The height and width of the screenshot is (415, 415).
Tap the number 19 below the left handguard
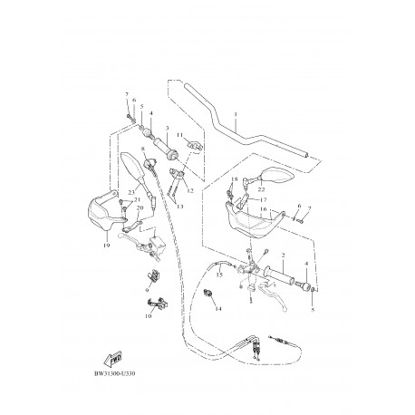point(106,246)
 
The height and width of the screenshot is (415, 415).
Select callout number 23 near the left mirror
point(132,190)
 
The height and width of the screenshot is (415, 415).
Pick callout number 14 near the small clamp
point(217,309)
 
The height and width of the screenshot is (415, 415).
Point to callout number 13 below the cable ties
point(179,207)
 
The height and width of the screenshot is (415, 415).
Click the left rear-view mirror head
point(126,170)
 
